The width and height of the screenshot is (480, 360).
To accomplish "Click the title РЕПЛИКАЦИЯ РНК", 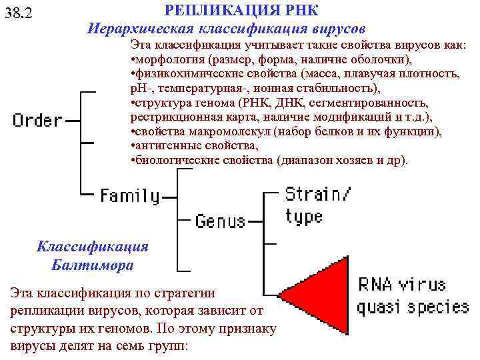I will (241, 11).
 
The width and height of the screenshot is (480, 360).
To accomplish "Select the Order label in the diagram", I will (37, 121).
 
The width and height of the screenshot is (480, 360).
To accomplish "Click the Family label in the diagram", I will (130, 196).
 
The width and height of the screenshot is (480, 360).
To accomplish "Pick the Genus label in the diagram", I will (221, 221).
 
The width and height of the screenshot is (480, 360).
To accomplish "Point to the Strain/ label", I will (318, 194).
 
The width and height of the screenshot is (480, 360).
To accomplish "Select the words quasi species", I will (413, 307).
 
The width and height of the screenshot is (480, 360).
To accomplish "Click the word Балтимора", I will (93, 265).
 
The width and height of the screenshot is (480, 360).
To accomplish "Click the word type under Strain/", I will (304, 217).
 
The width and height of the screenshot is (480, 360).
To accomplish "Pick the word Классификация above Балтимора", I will (93, 246).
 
